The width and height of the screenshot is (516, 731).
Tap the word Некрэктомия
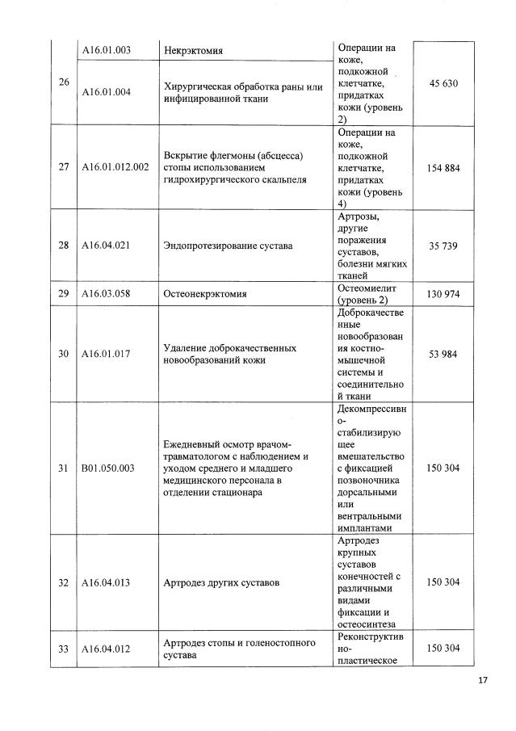[x=193, y=51]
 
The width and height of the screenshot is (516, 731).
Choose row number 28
[x=63, y=245]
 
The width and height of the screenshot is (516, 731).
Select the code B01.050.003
[x=108, y=468]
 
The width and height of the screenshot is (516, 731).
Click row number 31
[x=63, y=468]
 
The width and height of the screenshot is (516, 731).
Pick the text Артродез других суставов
[x=221, y=582]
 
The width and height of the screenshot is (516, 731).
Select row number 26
[x=63, y=83]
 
